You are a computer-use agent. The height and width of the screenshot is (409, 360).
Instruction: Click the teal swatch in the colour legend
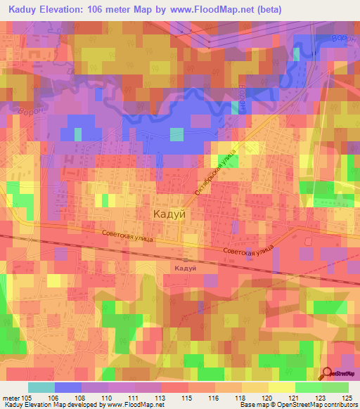coord(41,387)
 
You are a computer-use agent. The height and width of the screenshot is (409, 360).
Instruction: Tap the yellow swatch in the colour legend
coord(281,387)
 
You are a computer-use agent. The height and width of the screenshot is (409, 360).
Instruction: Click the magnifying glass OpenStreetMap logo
coord(328,374)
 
